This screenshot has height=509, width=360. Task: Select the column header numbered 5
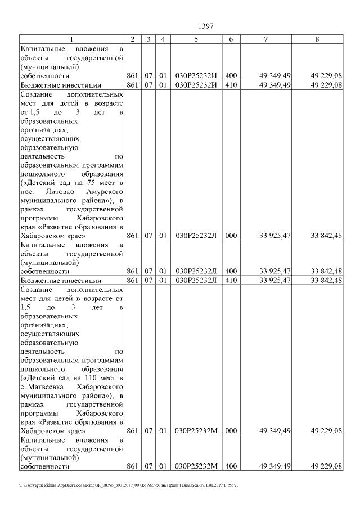pyautogui.click(x=196, y=39)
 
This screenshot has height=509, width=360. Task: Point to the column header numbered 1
pyautogui.click(x=71, y=39)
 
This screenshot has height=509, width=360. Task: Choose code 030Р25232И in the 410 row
pyautogui.click(x=196, y=85)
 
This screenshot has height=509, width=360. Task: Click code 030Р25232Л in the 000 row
pyautogui.click(x=196, y=236)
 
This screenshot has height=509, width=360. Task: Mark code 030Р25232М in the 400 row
pyautogui.click(x=196, y=466)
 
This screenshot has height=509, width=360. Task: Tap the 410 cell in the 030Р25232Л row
pyautogui.click(x=231, y=280)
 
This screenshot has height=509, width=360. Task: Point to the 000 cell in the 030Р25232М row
pyautogui.click(x=231, y=431)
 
